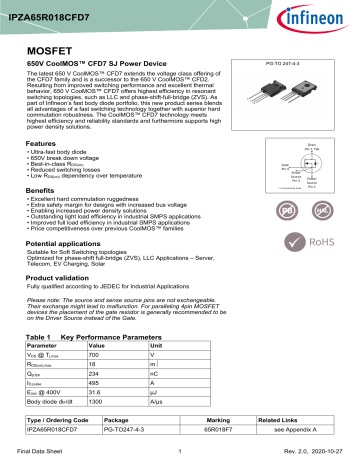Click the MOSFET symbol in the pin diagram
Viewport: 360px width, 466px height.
(x=292, y=164)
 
